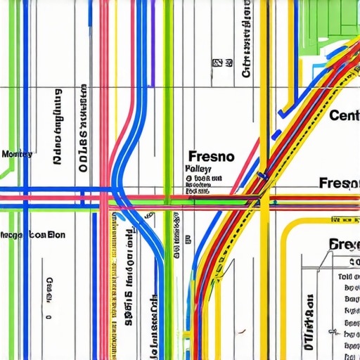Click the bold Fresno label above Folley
(x=212, y=155)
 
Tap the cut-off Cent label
(x=344, y=115)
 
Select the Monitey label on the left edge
(x=16, y=154)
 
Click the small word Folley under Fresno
(x=199, y=169)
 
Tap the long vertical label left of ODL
(x=58, y=127)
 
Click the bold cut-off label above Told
(x=344, y=245)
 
